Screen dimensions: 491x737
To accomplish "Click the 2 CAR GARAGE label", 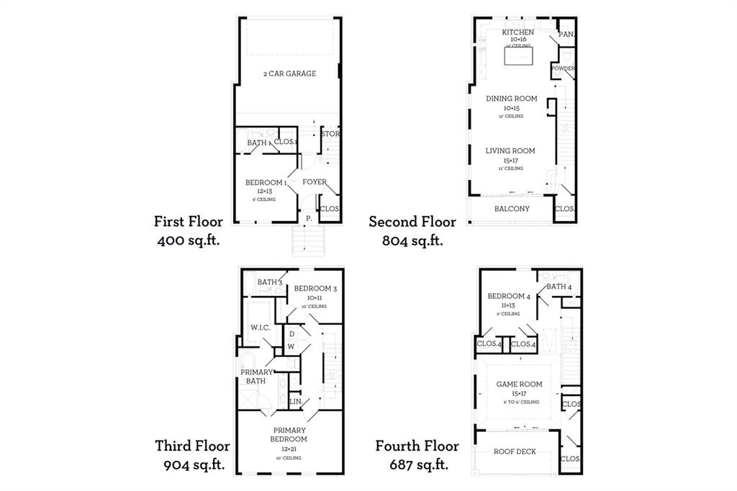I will [289, 73].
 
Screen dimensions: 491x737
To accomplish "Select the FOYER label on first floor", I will [315, 182].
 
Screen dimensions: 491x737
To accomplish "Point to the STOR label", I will [330, 134].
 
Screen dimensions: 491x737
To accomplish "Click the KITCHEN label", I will [517, 32].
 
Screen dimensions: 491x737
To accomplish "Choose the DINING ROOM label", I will [511, 99].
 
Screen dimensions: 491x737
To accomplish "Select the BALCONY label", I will [512, 209].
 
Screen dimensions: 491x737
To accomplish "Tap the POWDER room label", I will [564, 68].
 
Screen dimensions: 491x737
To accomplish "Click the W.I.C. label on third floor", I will [260, 328].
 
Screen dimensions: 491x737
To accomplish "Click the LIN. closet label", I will [295, 401].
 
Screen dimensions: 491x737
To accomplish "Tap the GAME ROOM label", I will [519, 384].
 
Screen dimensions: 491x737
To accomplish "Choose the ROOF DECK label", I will [513, 452].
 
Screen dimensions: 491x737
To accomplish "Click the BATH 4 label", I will [559, 287].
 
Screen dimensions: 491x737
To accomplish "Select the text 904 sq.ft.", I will [194, 464].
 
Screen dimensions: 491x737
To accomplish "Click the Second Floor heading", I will [412, 222].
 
